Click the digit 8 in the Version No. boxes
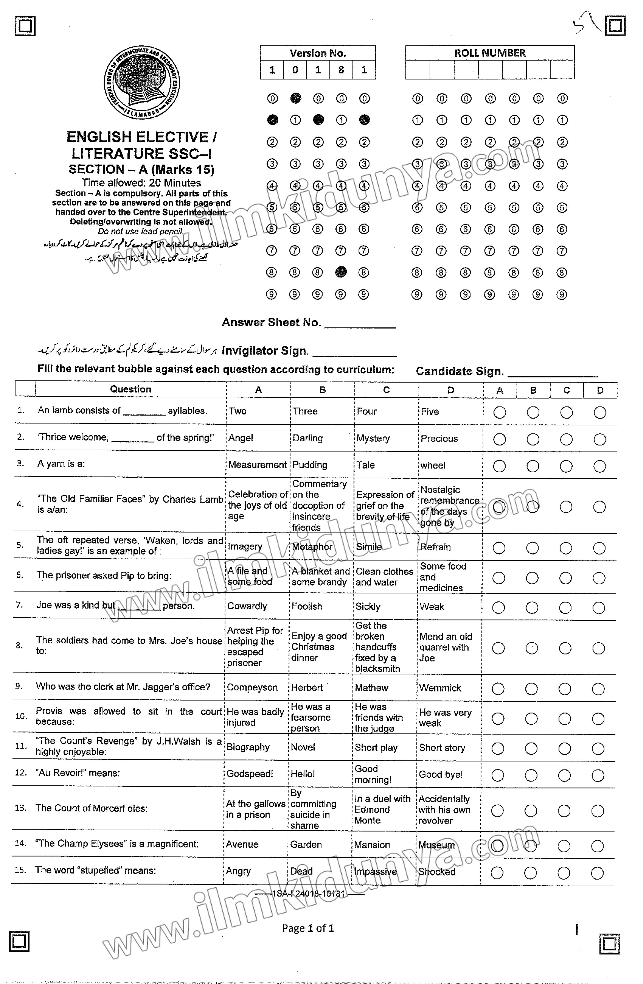tap(341, 70)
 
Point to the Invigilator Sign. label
tap(265, 351)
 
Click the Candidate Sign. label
tap(459, 371)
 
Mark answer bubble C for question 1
tap(566, 412)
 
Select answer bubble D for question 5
tap(599, 548)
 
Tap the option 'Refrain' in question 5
tap(435, 547)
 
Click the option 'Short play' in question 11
tap(376, 748)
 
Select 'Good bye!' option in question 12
tap(441, 774)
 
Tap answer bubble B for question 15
tap(530, 873)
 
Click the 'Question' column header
tap(131, 389)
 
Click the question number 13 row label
tap(20, 808)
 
